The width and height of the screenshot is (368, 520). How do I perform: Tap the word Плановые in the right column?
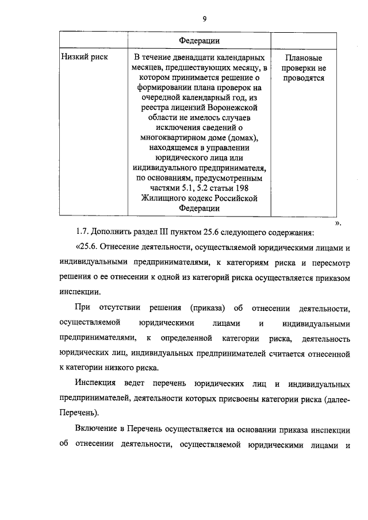point(303,58)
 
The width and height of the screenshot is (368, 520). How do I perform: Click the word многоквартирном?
point(177,138)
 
